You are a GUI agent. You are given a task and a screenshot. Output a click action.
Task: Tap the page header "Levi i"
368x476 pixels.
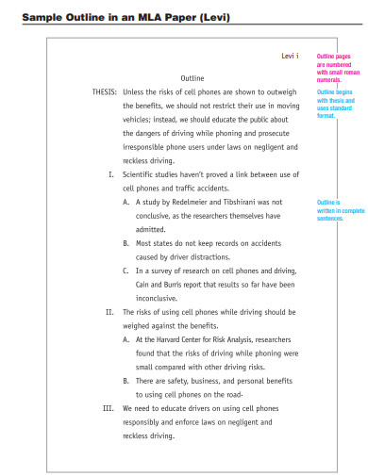click(x=291, y=57)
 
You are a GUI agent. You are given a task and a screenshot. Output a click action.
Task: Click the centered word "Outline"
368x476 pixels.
click(x=192, y=77)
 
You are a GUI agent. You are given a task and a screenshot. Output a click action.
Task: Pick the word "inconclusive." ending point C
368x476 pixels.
click(x=159, y=297)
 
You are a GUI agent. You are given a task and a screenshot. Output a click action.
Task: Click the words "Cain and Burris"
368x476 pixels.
click(x=163, y=284)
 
